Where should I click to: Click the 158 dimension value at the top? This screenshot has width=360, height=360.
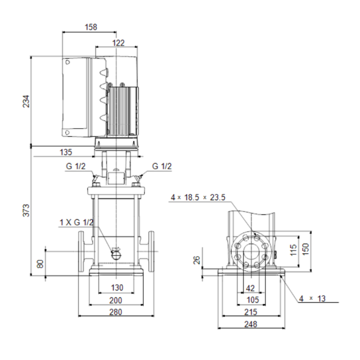point(91,27)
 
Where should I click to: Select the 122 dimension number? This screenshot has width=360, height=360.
point(118,43)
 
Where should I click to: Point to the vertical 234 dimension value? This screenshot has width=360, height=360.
point(26,101)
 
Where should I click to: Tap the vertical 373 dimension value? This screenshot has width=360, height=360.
point(26,210)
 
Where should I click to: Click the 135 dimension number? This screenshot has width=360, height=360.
point(66,152)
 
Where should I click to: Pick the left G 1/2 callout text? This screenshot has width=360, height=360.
point(76,166)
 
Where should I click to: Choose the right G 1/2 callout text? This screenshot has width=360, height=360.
point(162,166)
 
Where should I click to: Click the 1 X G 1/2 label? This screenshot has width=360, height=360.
point(77,222)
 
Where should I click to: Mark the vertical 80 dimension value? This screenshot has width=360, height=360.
point(40,264)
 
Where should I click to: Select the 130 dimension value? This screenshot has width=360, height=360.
point(117,287)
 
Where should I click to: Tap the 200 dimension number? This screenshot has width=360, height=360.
point(116,300)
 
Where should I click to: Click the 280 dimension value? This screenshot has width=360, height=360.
point(116,312)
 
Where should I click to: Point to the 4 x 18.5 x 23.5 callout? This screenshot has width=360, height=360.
point(198,197)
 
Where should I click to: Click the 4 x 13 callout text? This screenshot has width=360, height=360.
point(312,298)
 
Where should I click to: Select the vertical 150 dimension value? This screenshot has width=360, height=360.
point(306,249)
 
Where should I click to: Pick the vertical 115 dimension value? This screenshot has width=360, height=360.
point(293,250)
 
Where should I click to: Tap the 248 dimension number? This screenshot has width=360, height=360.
point(251,324)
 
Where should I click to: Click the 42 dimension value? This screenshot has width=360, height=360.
point(250,288)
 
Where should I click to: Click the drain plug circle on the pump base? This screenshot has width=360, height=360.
point(116,255)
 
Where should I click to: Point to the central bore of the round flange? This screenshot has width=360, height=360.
point(251,251)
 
